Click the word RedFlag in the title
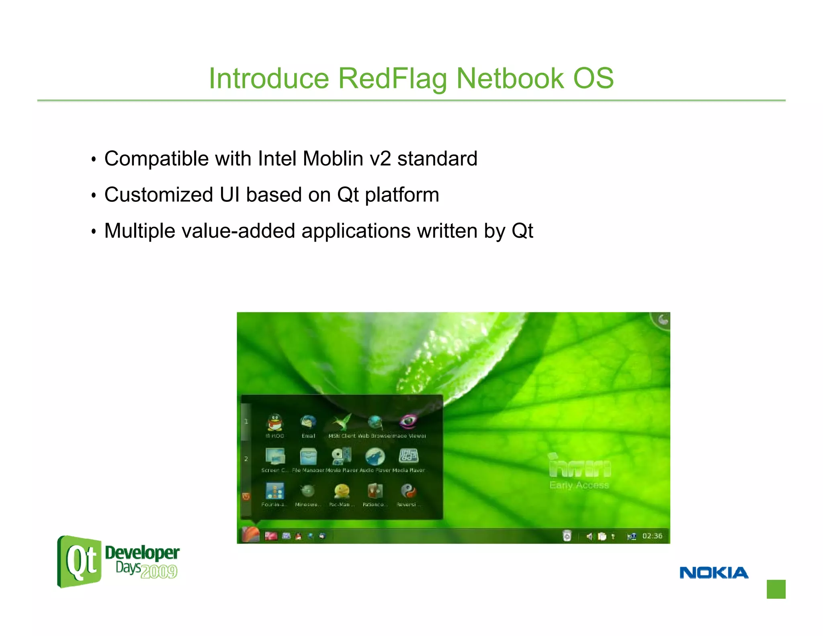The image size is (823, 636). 392,78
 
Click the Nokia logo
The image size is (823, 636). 714,572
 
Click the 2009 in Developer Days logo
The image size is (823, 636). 159,572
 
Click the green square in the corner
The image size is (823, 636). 776,589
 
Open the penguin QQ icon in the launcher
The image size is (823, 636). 275,423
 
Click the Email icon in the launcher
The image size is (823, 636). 308,423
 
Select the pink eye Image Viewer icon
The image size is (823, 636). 408,422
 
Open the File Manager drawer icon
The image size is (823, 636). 308,456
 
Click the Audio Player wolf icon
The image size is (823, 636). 375,456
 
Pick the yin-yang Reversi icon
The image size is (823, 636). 408,491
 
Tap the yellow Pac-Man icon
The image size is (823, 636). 342,491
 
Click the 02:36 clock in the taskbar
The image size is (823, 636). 652,536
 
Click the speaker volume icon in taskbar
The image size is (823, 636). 589,536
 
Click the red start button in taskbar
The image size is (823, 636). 251,535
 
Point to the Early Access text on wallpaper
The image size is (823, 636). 579,485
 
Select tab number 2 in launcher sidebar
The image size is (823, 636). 246,459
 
